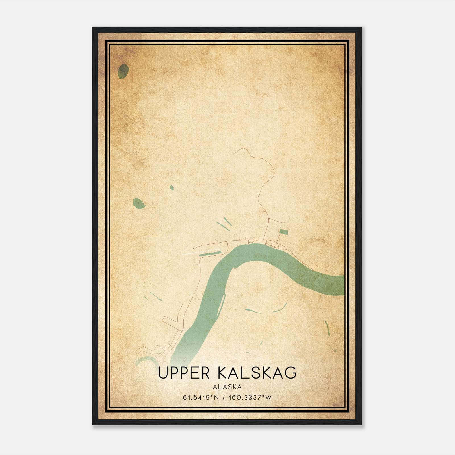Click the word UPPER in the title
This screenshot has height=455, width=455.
(x=184, y=373)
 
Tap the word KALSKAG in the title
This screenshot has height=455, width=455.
(x=257, y=373)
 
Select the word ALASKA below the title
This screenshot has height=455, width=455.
(x=227, y=387)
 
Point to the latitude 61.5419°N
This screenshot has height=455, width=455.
(x=201, y=398)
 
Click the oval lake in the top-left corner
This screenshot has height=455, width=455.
(x=123, y=71)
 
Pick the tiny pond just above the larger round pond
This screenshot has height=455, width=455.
(x=172, y=187)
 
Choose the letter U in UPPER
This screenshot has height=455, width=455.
(x=163, y=373)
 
